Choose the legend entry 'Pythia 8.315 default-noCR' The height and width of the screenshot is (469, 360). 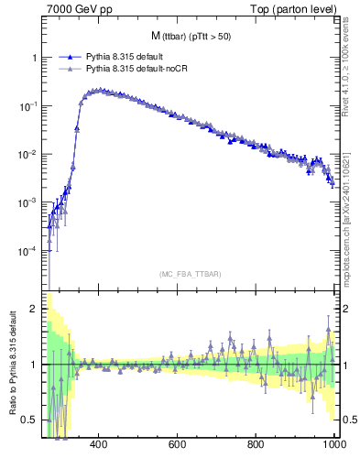135,68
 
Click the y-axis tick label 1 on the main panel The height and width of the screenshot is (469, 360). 35,58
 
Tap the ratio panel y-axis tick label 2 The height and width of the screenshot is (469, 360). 35,310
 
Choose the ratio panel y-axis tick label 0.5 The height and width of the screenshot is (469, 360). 31,420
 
